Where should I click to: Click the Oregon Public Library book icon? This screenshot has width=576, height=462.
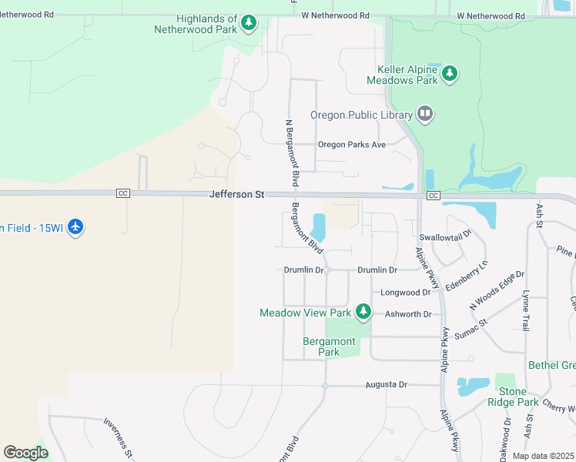(x=425, y=115)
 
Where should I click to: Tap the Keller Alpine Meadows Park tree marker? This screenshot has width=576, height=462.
(x=450, y=75)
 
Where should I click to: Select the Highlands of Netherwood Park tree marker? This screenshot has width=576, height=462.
(x=248, y=24)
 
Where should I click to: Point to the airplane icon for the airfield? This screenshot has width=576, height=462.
(x=75, y=227)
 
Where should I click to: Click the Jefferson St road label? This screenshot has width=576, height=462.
(x=236, y=195)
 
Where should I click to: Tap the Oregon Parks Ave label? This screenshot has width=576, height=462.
(x=351, y=144)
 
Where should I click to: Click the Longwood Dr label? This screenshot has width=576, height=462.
(x=406, y=293)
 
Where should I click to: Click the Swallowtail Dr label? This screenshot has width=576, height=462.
(x=445, y=237)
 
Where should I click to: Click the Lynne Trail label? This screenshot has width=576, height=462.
(x=526, y=311)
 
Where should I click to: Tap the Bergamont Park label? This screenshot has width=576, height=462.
(x=329, y=346)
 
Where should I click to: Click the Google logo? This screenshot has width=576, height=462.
(x=25, y=453)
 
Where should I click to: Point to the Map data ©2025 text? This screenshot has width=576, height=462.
(x=543, y=456)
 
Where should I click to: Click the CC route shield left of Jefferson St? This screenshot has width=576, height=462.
(x=122, y=192)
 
